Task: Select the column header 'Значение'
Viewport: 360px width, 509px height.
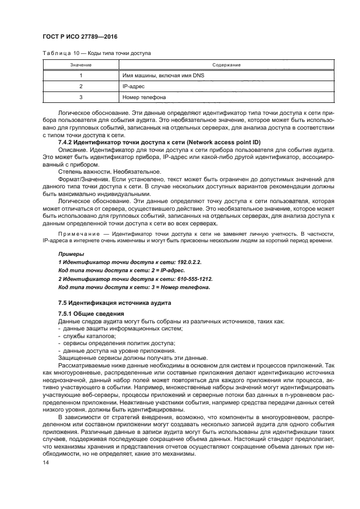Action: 80,65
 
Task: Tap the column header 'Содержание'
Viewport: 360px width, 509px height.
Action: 227,65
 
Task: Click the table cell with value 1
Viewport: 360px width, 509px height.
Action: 80,76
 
